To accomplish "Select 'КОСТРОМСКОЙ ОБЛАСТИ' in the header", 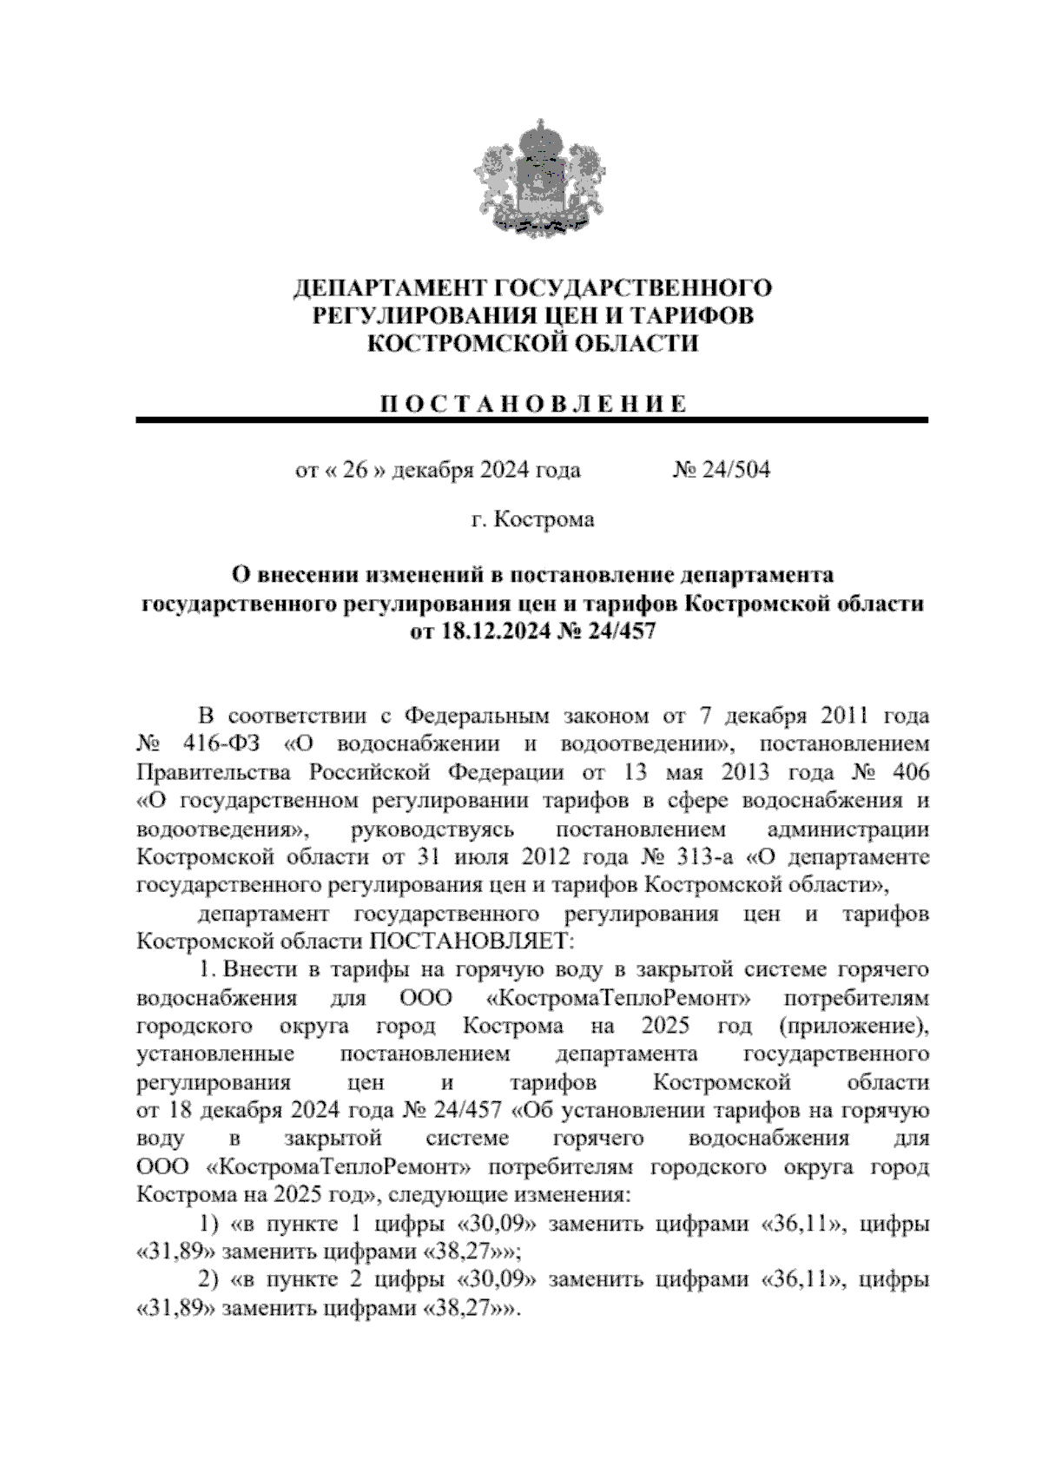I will coord(532,344).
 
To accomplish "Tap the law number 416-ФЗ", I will coord(228,744).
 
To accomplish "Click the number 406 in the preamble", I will coord(907,772).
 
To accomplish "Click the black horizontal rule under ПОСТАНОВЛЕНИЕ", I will coord(532,421).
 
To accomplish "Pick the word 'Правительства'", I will coord(217,772).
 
